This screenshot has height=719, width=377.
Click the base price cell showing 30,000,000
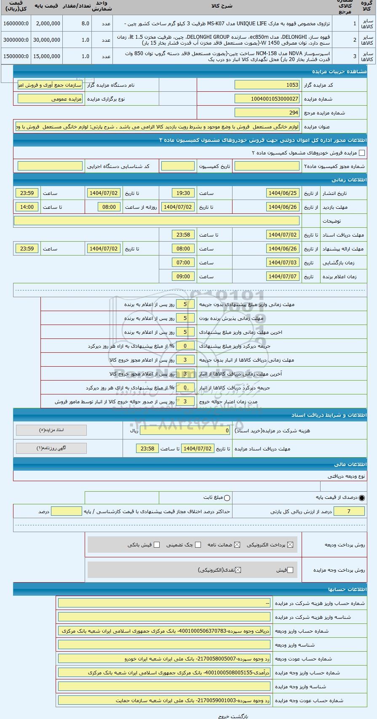point(47,40)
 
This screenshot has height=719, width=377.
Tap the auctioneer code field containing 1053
point(267,85)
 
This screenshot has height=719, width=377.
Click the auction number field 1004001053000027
point(267,99)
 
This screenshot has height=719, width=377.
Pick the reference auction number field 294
point(267,113)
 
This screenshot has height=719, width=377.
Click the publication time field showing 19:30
point(183,193)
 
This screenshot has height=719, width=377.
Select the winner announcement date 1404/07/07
point(283,277)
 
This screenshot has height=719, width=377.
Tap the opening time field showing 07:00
point(183,263)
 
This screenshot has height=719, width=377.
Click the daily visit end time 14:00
point(27,207)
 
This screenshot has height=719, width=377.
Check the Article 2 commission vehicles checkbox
point(361,153)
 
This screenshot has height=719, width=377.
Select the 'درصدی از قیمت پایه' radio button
point(362,498)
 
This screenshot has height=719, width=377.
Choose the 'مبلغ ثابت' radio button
point(227,498)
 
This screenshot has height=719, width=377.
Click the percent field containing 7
point(349,511)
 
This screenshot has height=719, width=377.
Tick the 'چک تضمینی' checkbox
point(198,545)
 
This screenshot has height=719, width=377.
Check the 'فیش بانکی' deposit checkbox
point(157,545)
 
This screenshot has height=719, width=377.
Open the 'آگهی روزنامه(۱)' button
point(51,448)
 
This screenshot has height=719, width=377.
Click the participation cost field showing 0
point(185,431)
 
